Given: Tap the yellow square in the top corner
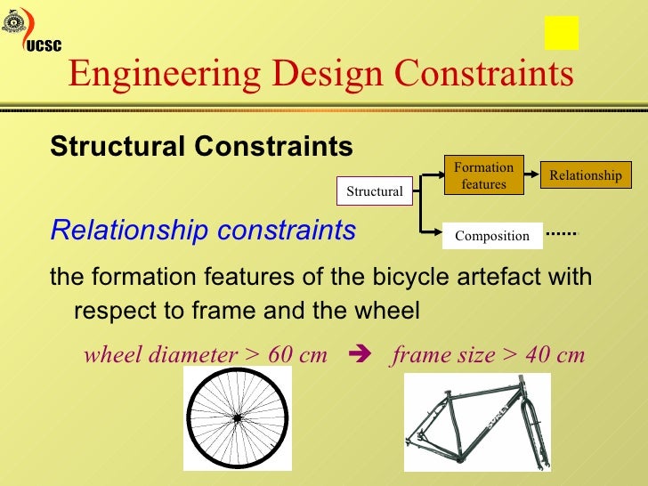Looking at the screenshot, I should pyautogui.click(x=562, y=33).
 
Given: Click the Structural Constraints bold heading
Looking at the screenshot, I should pyautogui.click(x=201, y=146).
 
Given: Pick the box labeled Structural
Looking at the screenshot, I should pyautogui.click(x=374, y=191).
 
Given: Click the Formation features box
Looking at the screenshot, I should pyautogui.click(x=483, y=175).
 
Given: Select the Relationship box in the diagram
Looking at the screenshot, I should pyautogui.click(x=585, y=175).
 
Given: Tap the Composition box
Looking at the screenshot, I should pyautogui.click(x=492, y=236).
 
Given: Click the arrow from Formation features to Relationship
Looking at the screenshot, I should pyautogui.click(x=532, y=175).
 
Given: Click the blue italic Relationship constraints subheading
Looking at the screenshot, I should pyautogui.click(x=203, y=231).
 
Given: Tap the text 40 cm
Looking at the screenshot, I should pyautogui.click(x=555, y=355).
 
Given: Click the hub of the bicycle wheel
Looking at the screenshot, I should pyautogui.click(x=237, y=417).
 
